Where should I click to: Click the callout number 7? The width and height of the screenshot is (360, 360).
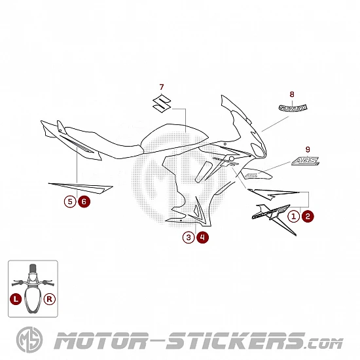point(162,87)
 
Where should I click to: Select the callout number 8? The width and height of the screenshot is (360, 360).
point(292,94)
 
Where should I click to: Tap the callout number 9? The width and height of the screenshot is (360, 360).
point(308,150)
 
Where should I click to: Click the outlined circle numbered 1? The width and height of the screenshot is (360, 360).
point(294,216)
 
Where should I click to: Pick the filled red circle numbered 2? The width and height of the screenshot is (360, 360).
point(308,216)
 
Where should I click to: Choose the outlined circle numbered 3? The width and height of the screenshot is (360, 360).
point(189,238)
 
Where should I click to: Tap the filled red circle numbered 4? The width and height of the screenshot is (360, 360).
point(202,238)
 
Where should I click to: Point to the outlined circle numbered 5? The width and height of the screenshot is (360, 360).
point(70,202)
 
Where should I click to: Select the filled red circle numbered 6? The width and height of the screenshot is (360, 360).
point(84,202)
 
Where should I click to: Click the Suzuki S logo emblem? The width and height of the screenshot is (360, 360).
point(162,103)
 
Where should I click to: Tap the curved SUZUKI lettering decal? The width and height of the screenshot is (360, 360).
point(293,108)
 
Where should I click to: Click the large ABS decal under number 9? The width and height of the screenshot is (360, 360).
point(306,161)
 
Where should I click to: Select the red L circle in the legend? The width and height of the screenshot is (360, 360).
point(16,299)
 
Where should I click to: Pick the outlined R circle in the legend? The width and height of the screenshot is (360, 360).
point(50,299)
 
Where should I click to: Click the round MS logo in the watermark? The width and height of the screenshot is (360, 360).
point(29,340)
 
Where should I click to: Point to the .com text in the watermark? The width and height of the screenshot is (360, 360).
point(325,344)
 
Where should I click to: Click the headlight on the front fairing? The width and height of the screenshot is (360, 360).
point(257,149)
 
